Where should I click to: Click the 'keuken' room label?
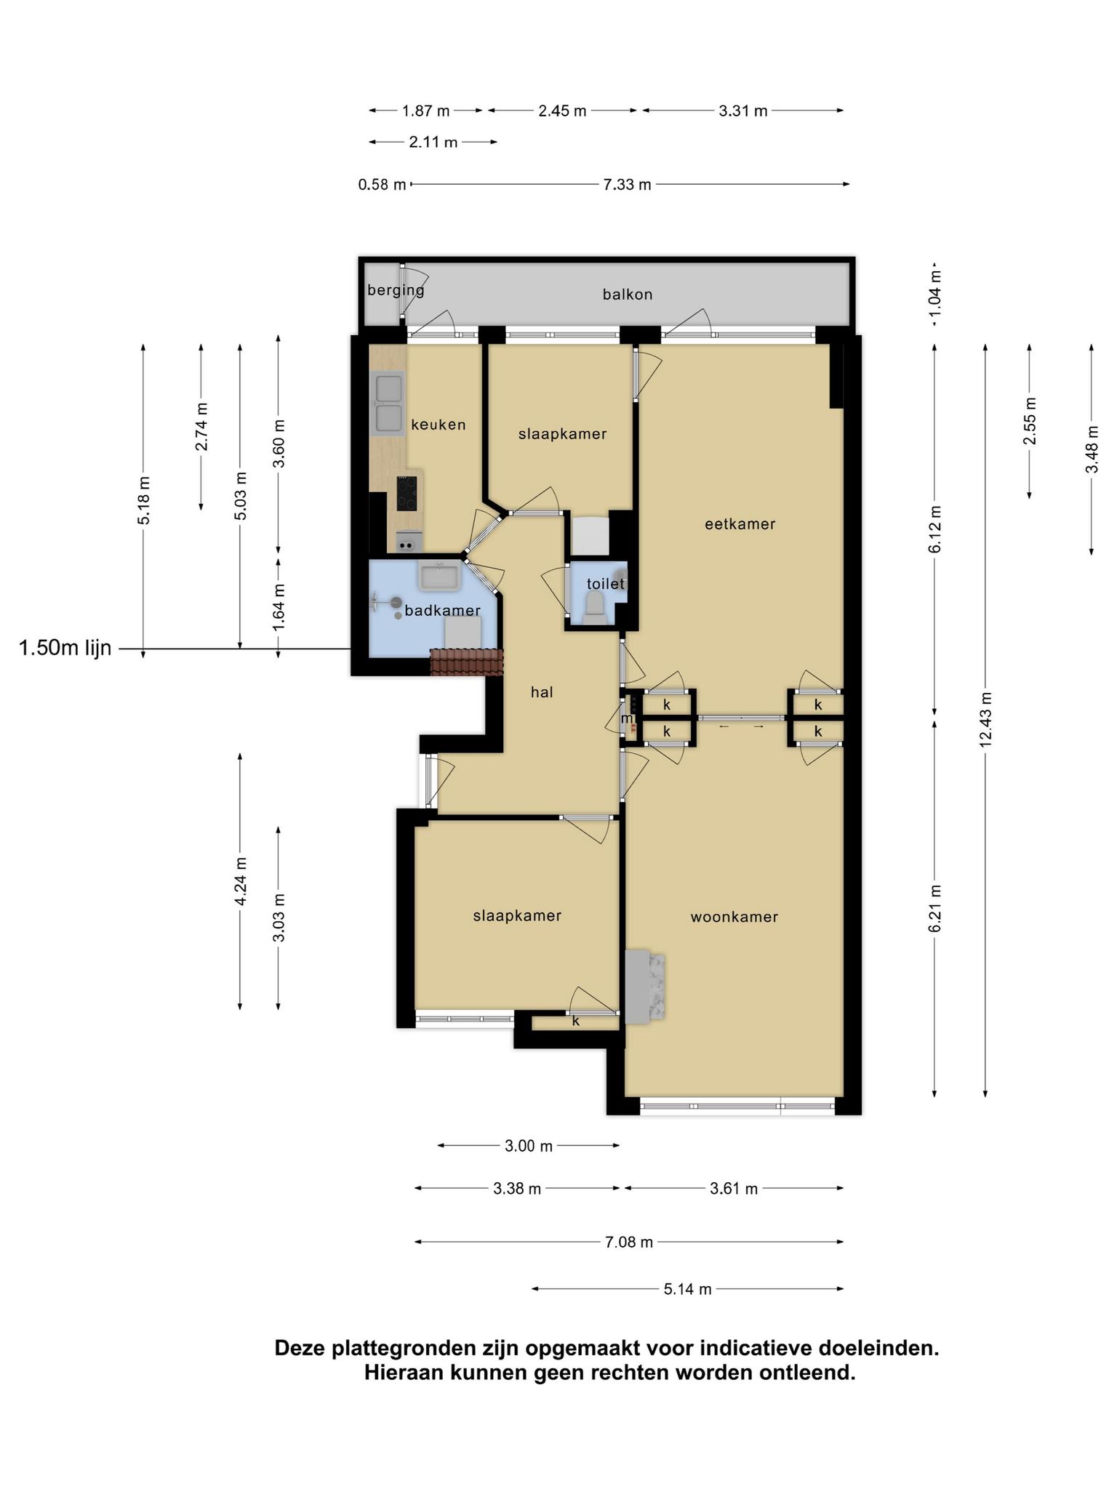(x=438, y=425)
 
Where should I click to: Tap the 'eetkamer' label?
(x=740, y=523)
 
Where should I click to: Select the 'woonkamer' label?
(x=734, y=917)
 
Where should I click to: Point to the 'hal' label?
(x=542, y=692)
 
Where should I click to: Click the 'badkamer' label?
(x=442, y=610)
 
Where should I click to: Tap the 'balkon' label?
(x=628, y=294)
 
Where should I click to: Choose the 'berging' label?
(x=396, y=291)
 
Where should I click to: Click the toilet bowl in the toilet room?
(x=595, y=607)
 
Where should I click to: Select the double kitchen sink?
(x=387, y=404)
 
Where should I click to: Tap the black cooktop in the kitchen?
(x=407, y=493)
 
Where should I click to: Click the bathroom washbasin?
(x=439, y=577)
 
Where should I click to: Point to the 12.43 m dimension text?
(x=985, y=719)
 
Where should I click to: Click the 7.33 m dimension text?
(x=627, y=185)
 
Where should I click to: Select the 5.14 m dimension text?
(x=687, y=1289)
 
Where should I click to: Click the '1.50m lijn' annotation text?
(x=65, y=648)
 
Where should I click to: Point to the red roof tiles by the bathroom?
(x=467, y=662)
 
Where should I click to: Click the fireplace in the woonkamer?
(x=645, y=987)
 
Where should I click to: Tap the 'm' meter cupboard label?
(x=627, y=718)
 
